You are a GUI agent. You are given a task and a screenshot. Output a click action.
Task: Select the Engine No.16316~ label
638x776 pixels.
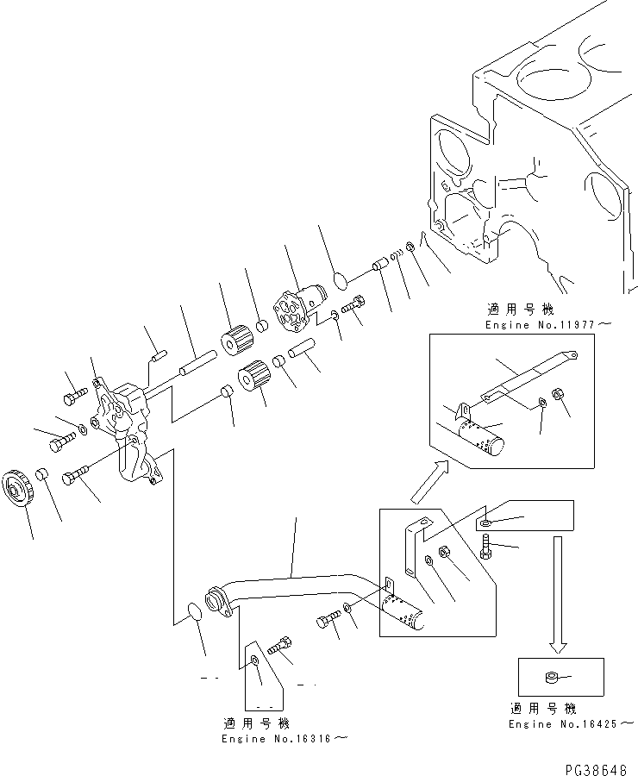[285, 739]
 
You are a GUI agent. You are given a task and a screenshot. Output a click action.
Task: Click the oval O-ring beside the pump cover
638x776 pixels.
[340, 281]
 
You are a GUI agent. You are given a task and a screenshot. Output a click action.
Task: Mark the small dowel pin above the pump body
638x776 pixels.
[157, 352]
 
